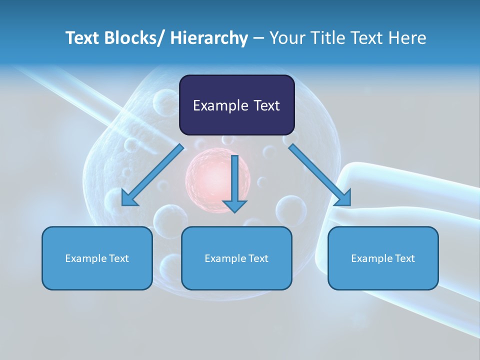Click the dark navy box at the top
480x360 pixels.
point(236,105)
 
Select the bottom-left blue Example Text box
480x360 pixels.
point(97,258)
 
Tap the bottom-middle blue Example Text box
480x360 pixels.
point(236,258)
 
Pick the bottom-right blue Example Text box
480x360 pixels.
point(383,258)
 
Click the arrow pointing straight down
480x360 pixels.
point(234,183)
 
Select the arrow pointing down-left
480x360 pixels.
point(152,175)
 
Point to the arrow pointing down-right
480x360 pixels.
point(320,175)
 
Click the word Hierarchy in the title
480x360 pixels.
point(209,38)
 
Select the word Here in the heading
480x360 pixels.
point(407,38)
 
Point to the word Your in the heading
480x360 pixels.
point(287,38)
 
